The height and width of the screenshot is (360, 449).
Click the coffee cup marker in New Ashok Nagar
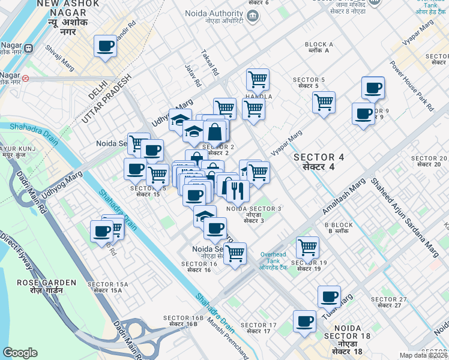(106, 46)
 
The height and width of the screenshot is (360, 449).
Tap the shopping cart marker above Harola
(258, 79)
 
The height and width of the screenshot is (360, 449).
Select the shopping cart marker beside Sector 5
(324, 101)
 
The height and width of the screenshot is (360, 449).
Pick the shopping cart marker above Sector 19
(307, 247)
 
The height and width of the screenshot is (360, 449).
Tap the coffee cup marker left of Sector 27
(329, 296)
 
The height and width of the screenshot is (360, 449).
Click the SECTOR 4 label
(319, 161)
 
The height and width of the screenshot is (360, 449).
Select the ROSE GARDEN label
(46, 286)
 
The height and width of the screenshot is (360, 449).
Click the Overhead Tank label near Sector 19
(274, 257)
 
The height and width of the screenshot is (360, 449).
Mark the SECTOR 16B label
(180, 320)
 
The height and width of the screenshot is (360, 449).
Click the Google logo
(20, 353)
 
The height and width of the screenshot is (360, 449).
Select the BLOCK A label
(319, 47)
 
